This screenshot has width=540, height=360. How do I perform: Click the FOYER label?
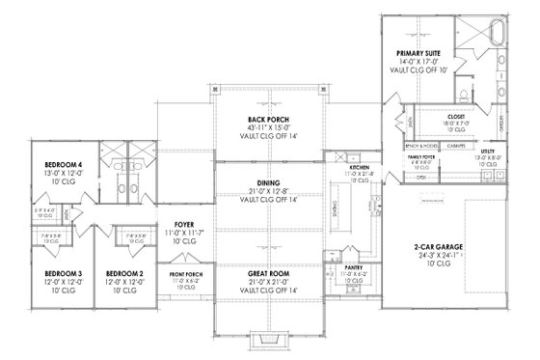(185, 224)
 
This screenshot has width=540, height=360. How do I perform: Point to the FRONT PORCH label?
(185, 275)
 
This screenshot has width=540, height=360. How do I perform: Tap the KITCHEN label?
(359, 168)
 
